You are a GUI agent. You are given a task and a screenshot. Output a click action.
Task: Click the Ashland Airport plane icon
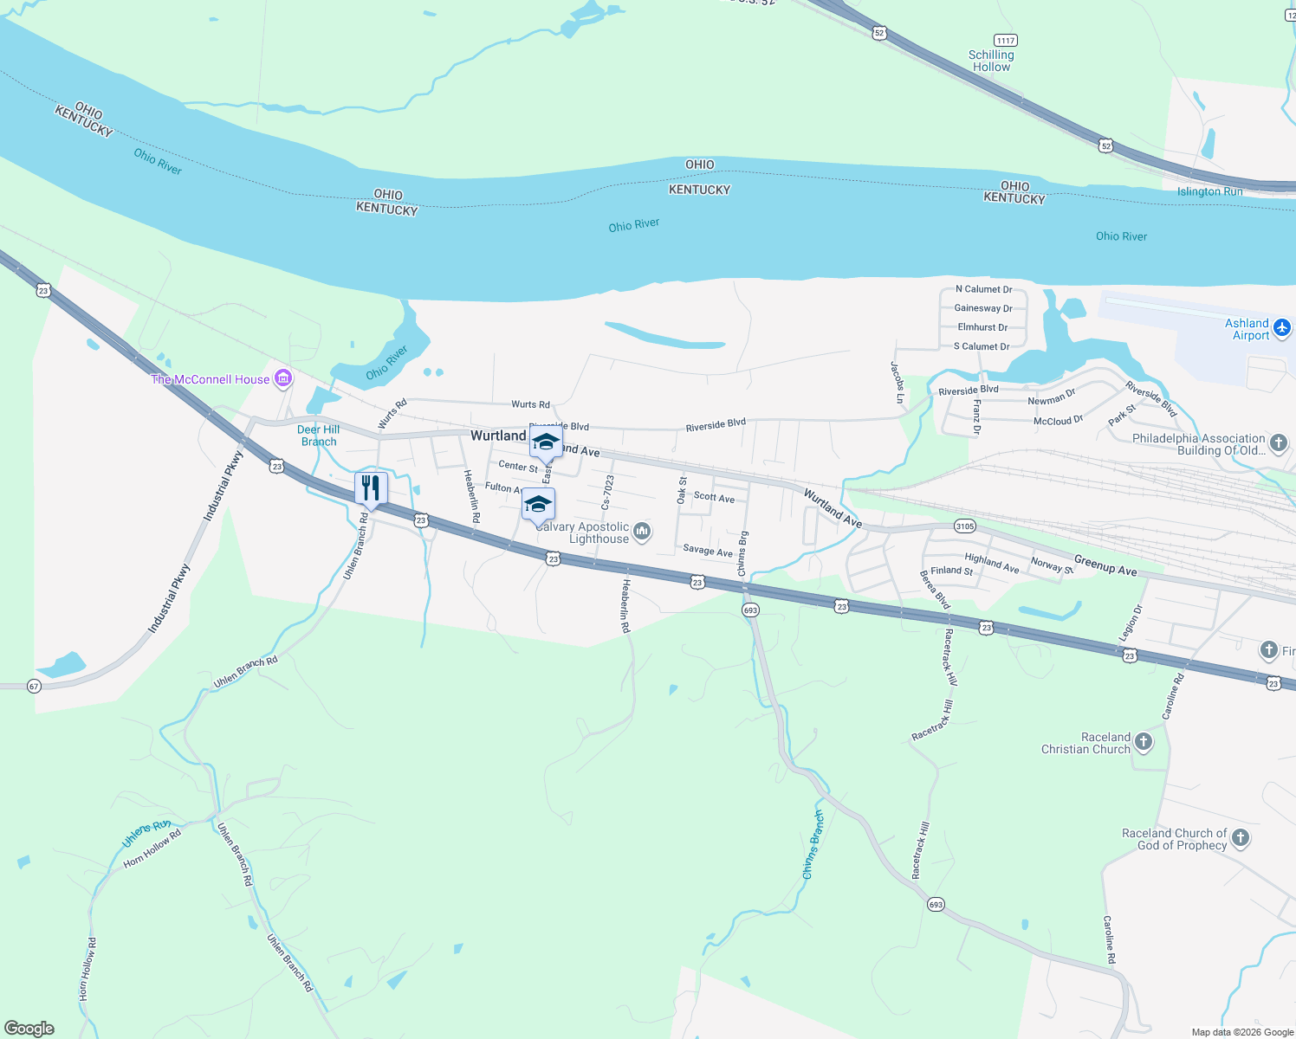coord(1282,328)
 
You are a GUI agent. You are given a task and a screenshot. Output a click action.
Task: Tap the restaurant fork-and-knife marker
coord(371,488)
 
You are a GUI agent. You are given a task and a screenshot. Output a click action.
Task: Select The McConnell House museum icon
coord(282,378)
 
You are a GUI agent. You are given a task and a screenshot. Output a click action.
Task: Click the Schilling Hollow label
coord(991,61)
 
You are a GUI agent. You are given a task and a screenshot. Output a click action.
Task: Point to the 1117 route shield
coord(1005,41)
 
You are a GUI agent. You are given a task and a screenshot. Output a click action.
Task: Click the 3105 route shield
coord(964,526)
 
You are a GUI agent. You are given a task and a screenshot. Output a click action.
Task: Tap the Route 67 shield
coord(34,686)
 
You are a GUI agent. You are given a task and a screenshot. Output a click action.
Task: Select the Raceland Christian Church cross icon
coord(1144,742)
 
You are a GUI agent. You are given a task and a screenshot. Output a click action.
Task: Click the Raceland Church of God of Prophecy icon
coord(1241,837)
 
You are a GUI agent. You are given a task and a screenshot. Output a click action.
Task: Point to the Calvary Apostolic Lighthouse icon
coord(642,531)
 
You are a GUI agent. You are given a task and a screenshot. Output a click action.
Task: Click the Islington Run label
coord(1209,191)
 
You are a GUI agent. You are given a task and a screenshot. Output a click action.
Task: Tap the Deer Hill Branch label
coord(319,436)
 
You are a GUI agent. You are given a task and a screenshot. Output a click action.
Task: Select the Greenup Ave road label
coord(1105,565)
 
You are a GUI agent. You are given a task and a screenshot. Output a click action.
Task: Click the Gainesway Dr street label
coord(983,308)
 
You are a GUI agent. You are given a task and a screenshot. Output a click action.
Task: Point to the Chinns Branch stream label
coord(813,845)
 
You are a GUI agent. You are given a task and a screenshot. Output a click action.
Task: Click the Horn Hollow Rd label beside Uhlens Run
coord(152,849)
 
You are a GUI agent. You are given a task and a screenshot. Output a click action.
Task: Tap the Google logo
coord(29,1029)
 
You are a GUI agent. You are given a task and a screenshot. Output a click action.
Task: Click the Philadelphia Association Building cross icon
coord(1279,444)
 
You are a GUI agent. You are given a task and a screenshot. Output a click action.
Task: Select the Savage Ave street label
coord(708,551)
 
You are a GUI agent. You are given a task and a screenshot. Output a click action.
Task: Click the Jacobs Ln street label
coord(897,383)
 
